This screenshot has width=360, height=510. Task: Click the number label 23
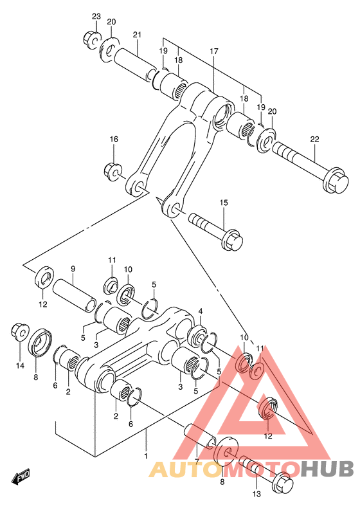tap(96, 16)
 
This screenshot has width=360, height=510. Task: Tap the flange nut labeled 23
tap(90, 40)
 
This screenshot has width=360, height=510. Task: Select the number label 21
tap(137, 35)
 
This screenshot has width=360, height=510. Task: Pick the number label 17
tap(213, 51)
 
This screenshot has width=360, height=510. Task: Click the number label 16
tap(114, 140)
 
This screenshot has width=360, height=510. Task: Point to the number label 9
tap(73, 269)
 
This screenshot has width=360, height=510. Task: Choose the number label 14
tap(20, 366)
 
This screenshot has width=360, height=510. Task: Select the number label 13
tap(256, 495)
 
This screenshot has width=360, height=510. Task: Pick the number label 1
tap(146, 456)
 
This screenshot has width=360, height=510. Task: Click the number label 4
tap(201, 312)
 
